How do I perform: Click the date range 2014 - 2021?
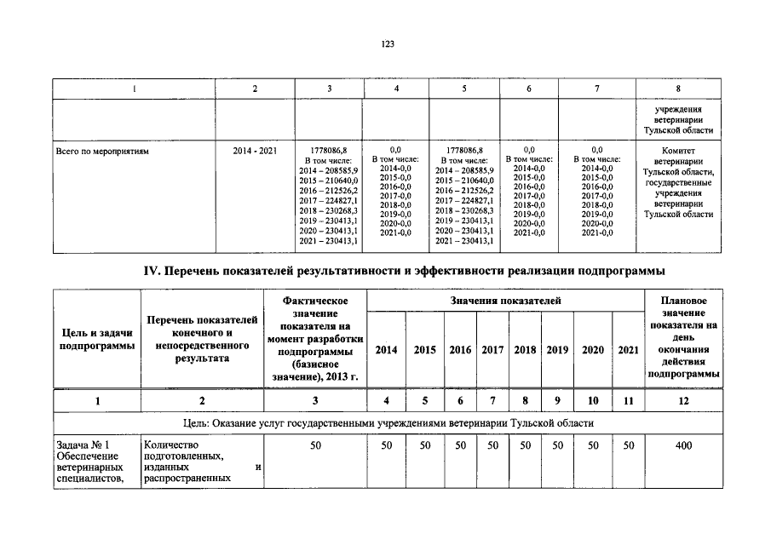pyautogui.click(x=255, y=151)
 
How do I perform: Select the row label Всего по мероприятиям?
pyautogui.click(x=101, y=151)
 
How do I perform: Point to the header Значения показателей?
pyautogui.click(x=505, y=301)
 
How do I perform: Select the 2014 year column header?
pyautogui.click(x=386, y=350)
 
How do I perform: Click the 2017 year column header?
pyautogui.click(x=492, y=350)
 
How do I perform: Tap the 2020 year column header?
pyautogui.click(x=593, y=350)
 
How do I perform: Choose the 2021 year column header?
pyautogui.click(x=628, y=350)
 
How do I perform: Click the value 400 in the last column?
pyautogui.click(x=683, y=445)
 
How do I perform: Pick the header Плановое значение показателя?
pyautogui.click(x=683, y=337)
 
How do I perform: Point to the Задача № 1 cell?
pyautogui.click(x=95, y=461)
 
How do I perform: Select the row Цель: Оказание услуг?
pyautogui.click(x=387, y=423)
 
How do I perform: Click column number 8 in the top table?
pyautogui.click(x=677, y=89)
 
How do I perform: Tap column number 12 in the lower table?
pyautogui.click(x=683, y=401)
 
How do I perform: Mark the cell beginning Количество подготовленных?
pyautogui.click(x=202, y=461)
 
